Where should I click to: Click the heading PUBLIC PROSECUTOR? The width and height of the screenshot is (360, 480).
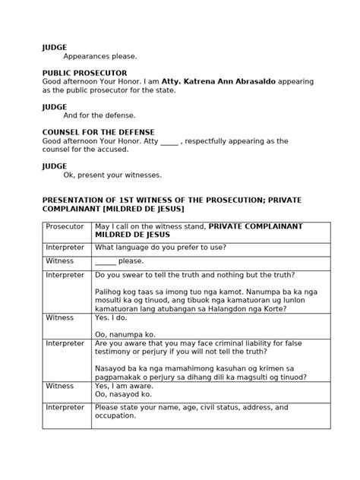point(84,73)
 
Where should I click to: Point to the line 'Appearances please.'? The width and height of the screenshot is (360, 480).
point(100,56)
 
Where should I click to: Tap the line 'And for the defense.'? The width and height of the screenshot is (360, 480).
point(99,115)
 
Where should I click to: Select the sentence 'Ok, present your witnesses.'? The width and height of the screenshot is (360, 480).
point(112,175)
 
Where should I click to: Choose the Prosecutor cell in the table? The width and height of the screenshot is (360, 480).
point(65,226)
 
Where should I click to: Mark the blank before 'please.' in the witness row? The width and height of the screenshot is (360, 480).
point(106,261)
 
